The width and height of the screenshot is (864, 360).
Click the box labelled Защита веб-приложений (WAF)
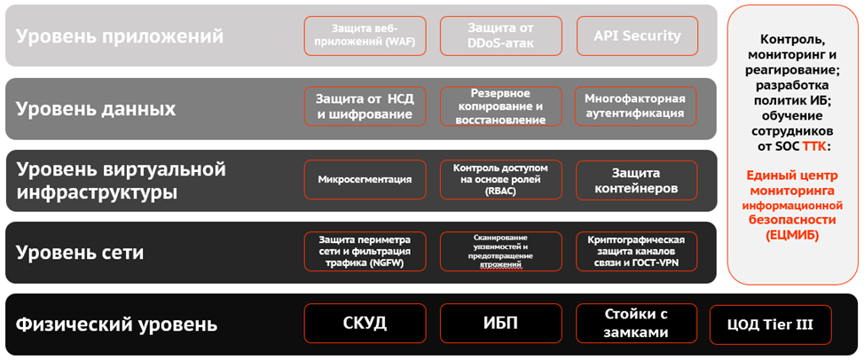[365, 35]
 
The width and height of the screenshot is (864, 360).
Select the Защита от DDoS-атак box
[500, 35]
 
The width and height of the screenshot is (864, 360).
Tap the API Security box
[636, 35]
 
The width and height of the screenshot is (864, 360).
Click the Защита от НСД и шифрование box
[365, 106]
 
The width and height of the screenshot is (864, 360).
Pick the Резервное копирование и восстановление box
[500, 106]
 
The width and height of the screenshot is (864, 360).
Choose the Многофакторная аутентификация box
[636, 106]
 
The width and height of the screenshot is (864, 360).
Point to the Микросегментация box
[365, 179]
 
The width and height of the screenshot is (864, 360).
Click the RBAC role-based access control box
[500, 179]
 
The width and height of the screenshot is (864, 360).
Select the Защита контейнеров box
[636, 179]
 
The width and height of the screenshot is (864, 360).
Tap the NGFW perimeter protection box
[365, 251]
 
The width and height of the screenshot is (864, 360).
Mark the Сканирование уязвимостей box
[500, 251]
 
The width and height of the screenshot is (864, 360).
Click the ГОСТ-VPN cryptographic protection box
[636, 251]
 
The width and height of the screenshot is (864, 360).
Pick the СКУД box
[365, 323]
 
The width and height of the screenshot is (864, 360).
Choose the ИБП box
[500, 323]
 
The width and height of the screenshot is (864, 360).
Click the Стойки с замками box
[636, 323]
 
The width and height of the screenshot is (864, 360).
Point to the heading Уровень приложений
[120, 36]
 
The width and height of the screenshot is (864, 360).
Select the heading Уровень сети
[80, 253]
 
